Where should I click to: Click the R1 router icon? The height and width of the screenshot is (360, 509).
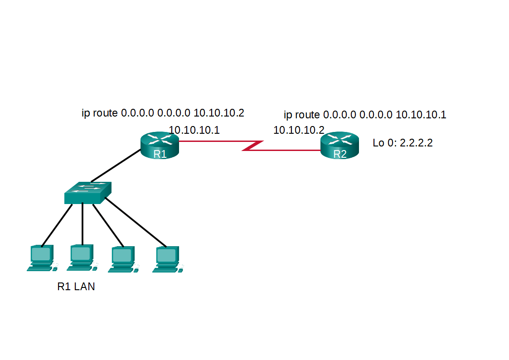pyautogui.click(x=160, y=145)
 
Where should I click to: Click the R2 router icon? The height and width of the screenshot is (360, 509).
pyautogui.click(x=339, y=145)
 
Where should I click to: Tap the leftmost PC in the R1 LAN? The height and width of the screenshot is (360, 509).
pyautogui.click(x=41, y=258)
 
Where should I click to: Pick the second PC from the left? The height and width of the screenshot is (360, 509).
pyautogui.click(x=82, y=258)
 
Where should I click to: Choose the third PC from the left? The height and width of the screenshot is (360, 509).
pyautogui.click(x=122, y=260)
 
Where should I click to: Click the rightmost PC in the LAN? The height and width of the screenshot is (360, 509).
pyautogui.click(x=167, y=259)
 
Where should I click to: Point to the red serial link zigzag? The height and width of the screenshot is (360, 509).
pyautogui.click(x=253, y=146)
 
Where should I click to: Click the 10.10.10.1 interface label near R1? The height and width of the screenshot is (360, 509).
pyautogui.click(x=194, y=131)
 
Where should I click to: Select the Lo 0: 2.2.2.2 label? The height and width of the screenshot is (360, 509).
pyautogui.click(x=402, y=143)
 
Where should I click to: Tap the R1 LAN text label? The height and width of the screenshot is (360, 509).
pyautogui.click(x=76, y=287)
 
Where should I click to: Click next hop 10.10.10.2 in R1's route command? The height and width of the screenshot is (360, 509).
pyautogui.click(x=218, y=113)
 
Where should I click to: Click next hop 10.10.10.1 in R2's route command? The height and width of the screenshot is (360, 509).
pyautogui.click(x=421, y=115)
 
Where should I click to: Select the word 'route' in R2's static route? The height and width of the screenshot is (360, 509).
pyautogui.click(x=307, y=115)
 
